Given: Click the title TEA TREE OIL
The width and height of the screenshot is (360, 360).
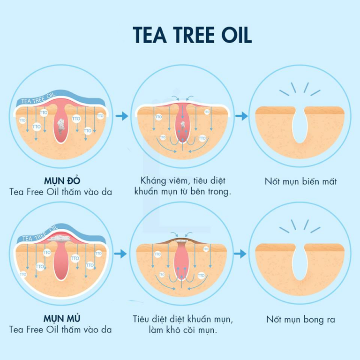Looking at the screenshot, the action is pyautogui.click(x=192, y=35).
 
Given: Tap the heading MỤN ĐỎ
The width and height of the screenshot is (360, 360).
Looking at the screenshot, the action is pyautogui.click(x=62, y=181).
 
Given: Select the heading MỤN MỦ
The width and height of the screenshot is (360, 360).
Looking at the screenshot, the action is pyautogui.click(x=62, y=318).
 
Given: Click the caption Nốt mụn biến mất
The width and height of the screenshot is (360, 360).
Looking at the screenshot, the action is pyautogui.click(x=300, y=181).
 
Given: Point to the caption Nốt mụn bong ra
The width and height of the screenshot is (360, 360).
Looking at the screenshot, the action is pyautogui.click(x=300, y=319).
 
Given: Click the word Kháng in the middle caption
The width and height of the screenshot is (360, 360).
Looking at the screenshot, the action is pyautogui.click(x=153, y=180).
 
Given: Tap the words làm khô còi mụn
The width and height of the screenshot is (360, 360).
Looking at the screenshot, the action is pyautogui.click(x=183, y=330).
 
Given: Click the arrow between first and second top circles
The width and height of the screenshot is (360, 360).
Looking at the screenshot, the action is pyautogui.click(x=122, y=116).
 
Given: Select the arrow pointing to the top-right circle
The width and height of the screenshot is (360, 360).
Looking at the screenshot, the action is pyautogui.click(x=241, y=116).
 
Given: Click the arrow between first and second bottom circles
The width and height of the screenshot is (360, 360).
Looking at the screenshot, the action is pyautogui.click(x=120, y=254).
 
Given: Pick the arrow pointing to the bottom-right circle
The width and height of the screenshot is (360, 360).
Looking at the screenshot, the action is pyautogui.click(x=240, y=254).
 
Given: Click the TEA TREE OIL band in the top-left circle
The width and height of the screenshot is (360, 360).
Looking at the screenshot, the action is pyautogui.click(x=38, y=99).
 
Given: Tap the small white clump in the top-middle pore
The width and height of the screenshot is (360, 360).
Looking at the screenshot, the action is pyautogui.click(x=183, y=125).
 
